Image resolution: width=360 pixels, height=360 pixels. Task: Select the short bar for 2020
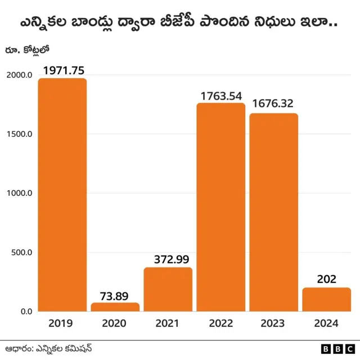point(115,307)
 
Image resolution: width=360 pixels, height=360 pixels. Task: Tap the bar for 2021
point(168,289)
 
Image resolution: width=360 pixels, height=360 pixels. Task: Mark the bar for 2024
point(326,299)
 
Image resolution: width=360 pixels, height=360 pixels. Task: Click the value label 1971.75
point(62,70)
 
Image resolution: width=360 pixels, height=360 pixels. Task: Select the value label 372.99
point(168,259)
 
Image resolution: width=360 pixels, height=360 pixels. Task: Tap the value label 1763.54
point(220,95)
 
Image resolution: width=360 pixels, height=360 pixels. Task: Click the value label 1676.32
point(273,104)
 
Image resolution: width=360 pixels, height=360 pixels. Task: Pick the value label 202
point(326,280)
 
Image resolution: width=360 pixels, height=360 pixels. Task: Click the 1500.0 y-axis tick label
point(18,134)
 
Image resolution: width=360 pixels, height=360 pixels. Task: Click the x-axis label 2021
point(168,323)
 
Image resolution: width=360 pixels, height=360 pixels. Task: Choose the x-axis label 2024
point(326,323)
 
